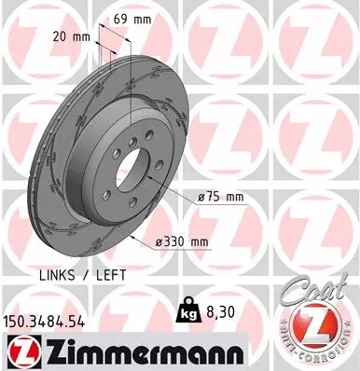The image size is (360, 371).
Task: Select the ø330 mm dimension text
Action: (x=183, y=241)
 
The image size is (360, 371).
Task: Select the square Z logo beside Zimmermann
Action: (x=19, y=351)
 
